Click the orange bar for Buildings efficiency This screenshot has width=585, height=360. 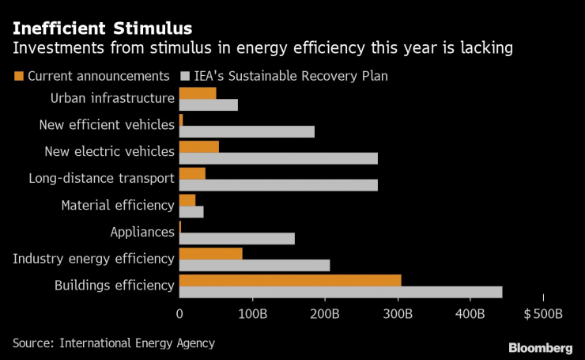290,280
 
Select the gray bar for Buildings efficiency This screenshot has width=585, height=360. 341,292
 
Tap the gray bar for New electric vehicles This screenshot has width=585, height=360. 278,158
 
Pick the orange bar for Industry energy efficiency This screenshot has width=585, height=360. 211,253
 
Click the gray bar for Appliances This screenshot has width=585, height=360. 237,238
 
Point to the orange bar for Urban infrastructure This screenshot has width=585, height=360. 198,93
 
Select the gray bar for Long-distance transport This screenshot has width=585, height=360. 278,185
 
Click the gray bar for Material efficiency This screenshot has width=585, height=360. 191,211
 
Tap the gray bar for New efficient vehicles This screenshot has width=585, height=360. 247,131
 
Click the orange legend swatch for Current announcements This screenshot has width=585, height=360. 19,77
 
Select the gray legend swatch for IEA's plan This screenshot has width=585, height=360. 187,77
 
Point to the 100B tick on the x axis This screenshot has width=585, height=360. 252,314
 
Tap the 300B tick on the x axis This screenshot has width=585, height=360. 398,314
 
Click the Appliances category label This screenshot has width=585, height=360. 142,232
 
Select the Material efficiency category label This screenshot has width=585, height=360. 118,205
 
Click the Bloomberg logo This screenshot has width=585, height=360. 540,347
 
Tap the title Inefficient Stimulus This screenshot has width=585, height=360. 101,29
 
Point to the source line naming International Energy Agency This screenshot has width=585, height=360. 113,343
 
